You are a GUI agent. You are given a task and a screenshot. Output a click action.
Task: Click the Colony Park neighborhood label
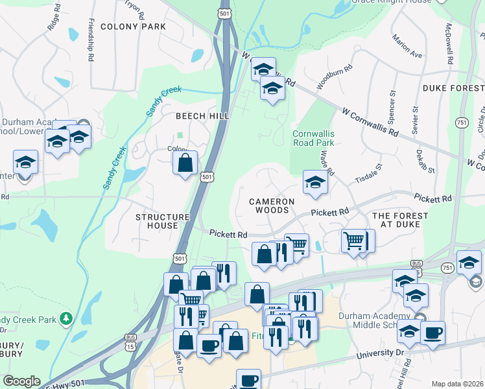[x=133, y=27]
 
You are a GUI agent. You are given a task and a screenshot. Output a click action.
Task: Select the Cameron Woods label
[x=272, y=206]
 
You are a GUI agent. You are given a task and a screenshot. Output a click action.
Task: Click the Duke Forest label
[x=453, y=88]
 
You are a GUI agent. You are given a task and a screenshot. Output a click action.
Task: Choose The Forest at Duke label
[x=400, y=220]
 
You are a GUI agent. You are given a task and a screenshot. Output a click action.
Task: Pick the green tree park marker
[x=65, y=318]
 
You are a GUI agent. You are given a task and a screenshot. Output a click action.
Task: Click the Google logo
[x=21, y=381]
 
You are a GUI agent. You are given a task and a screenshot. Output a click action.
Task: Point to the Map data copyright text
[x=457, y=384]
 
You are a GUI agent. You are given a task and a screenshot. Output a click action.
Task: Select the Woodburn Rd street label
[x=335, y=77]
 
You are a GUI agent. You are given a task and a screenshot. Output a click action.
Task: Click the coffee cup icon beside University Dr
[x=432, y=333]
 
